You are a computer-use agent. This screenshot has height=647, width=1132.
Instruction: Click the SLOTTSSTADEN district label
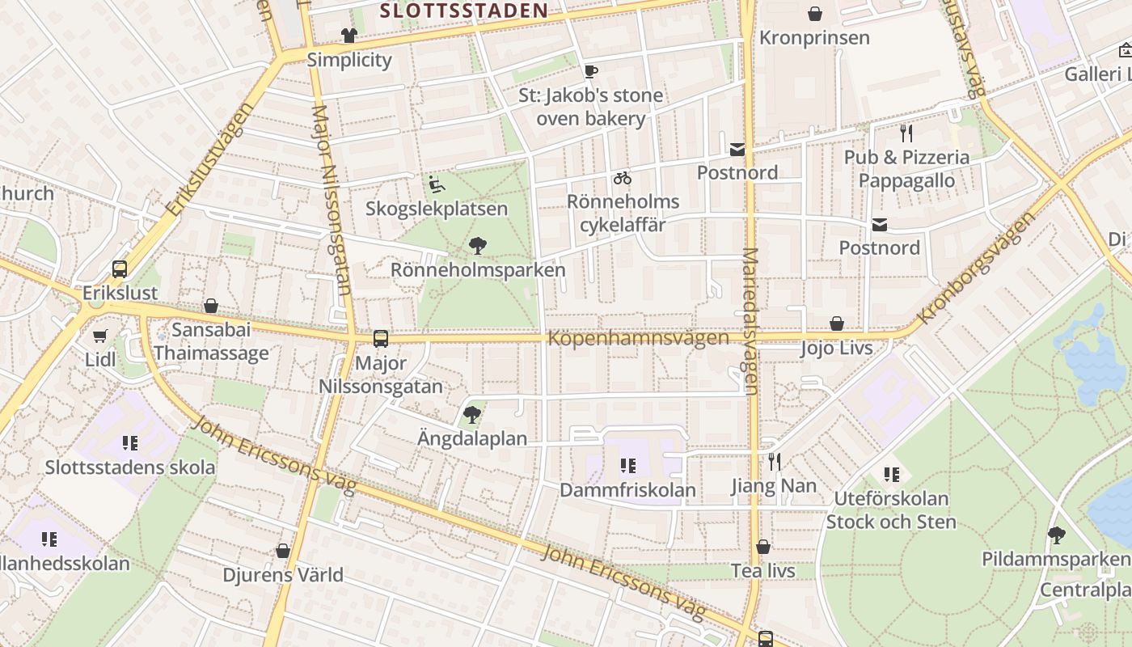tap(463, 11)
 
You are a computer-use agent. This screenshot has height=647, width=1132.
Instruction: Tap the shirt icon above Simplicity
tap(348, 36)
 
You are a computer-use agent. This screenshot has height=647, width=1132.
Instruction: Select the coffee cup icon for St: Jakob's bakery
tap(591, 71)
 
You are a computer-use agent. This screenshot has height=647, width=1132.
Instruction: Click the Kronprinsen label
tap(814, 38)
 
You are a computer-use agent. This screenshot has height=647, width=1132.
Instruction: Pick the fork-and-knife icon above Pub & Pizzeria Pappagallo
tap(906, 133)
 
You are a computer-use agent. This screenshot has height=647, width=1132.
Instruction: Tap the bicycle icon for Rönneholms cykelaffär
tap(622, 178)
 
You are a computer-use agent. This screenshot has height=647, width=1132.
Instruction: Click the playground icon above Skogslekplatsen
tap(436, 185)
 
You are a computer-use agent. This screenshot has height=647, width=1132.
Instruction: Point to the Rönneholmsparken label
tap(478, 269)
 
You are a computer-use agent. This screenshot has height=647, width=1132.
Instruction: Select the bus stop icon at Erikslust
tap(120, 269)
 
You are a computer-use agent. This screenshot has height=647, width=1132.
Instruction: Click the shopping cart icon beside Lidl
tap(100, 336)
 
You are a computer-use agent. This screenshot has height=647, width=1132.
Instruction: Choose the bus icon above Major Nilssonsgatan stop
tap(381, 339)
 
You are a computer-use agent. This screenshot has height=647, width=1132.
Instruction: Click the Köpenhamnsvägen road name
tap(638, 337)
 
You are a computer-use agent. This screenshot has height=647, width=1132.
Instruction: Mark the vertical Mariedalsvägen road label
tap(750, 321)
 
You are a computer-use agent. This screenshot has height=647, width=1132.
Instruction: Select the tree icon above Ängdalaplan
tap(472, 416)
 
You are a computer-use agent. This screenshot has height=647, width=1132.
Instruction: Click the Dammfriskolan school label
tap(627, 489)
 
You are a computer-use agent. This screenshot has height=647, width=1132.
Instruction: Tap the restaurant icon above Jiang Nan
tap(774, 462)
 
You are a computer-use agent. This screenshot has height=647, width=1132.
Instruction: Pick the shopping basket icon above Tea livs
tap(762, 548)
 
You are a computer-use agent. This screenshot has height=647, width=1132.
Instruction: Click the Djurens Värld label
tap(283, 575)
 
